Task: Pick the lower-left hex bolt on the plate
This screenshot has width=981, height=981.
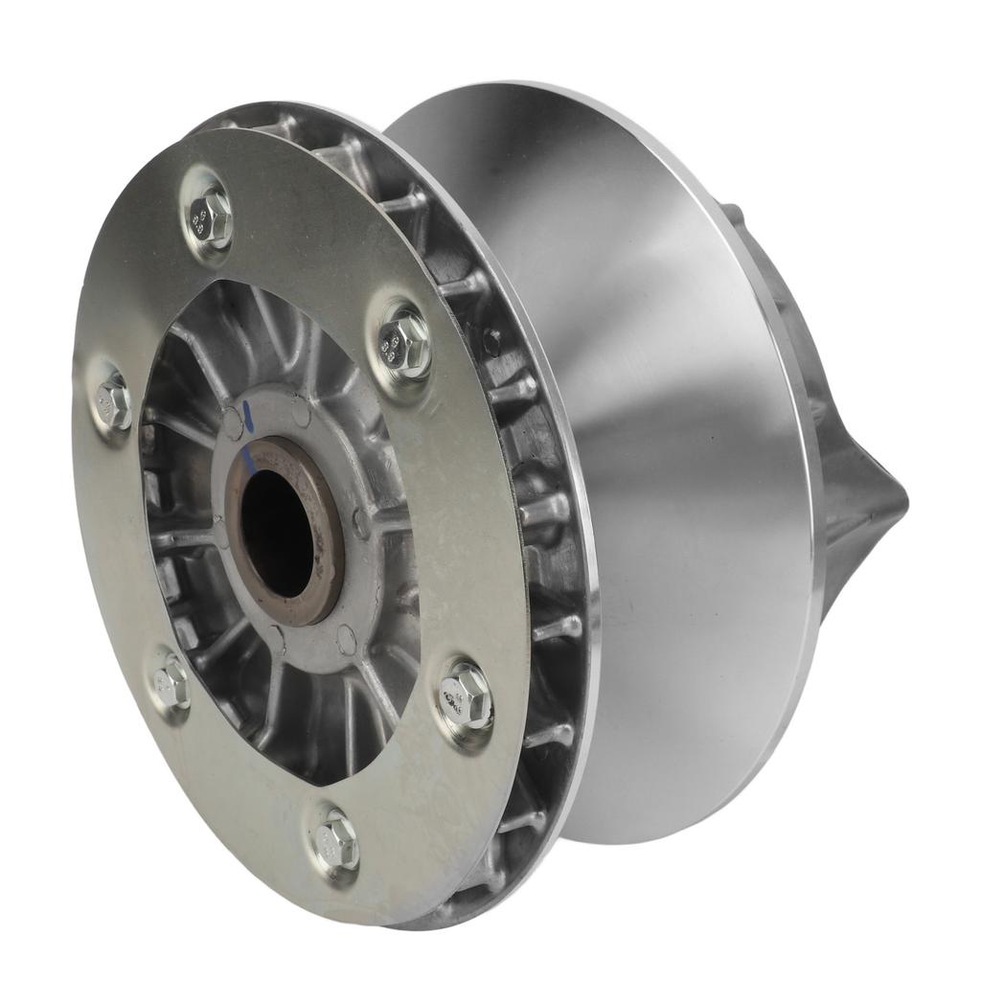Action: pyautogui.click(x=171, y=682)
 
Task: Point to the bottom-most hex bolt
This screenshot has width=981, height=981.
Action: pyautogui.click(x=335, y=841)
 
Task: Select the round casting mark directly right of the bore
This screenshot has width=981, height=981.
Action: pyautogui.click(x=361, y=523)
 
